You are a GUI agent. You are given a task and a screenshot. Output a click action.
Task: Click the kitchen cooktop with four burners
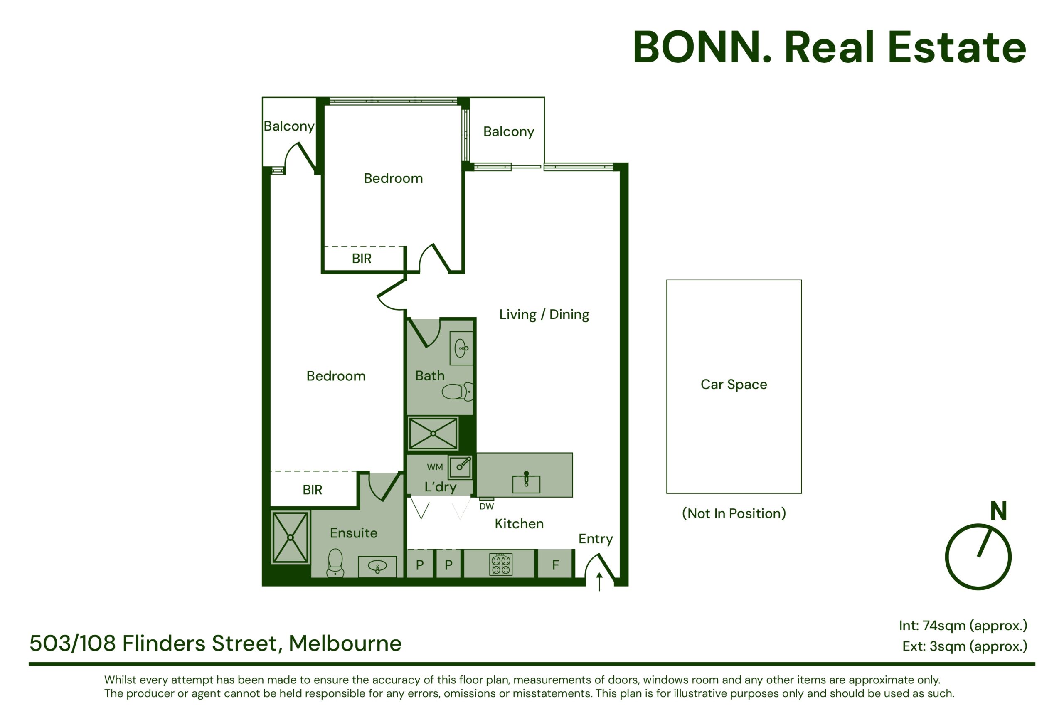point(500,564)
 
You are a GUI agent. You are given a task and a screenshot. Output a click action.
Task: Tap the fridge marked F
point(555,564)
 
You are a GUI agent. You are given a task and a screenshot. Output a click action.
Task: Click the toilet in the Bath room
point(457,391)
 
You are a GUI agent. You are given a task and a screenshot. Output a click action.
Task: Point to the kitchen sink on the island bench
point(526,484)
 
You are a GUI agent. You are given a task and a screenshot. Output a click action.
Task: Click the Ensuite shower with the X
point(290,537)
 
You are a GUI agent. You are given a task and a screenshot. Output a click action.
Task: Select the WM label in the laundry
point(435,467)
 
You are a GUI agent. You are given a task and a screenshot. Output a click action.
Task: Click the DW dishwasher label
point(486,506)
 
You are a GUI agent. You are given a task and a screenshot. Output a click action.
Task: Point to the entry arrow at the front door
point(599,582)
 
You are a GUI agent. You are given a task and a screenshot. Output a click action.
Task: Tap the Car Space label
point(734,385)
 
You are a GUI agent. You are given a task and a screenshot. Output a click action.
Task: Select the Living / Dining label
point(544,314)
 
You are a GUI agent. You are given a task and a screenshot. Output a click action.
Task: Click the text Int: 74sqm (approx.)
point(963,626)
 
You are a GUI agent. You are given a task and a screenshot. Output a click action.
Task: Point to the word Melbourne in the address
point(345,643)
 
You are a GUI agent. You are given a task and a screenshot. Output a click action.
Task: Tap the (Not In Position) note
point(734,513)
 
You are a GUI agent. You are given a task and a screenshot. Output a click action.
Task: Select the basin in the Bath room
point(461,348)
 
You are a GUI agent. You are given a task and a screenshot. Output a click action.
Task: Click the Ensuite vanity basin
point(377,566)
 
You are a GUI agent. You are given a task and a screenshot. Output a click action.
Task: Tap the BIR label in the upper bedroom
point(361,259)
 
